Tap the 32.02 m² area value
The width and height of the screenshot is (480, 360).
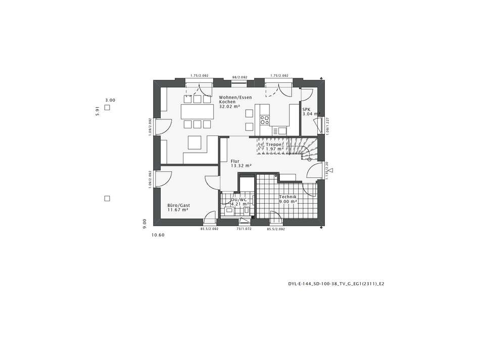229,107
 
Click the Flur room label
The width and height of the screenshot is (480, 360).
235,161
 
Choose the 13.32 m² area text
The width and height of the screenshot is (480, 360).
241,166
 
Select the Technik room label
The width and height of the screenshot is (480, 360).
287,196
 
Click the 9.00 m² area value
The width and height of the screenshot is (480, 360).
288,201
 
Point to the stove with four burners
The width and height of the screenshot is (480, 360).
265,120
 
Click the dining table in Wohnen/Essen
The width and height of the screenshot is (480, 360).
197,111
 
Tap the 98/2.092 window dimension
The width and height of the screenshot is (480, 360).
239,77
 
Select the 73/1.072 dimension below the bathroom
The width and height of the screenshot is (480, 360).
244,229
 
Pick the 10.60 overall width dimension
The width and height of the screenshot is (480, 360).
158,235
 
